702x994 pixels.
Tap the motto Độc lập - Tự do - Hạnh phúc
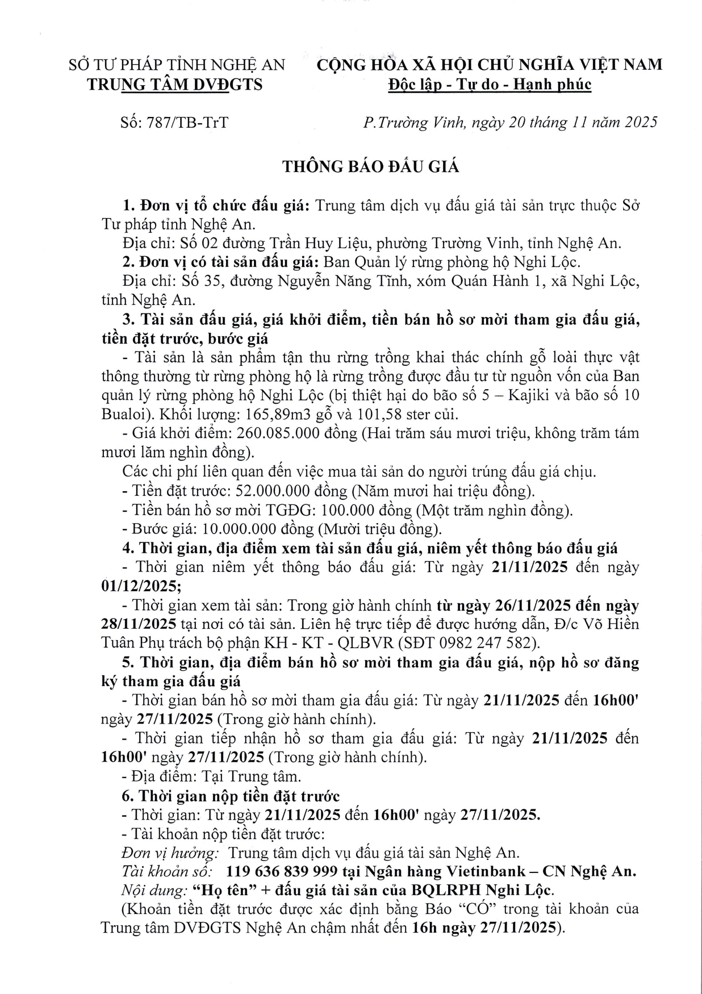click(489, 85)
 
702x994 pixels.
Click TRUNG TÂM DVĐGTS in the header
click(174, 85)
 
